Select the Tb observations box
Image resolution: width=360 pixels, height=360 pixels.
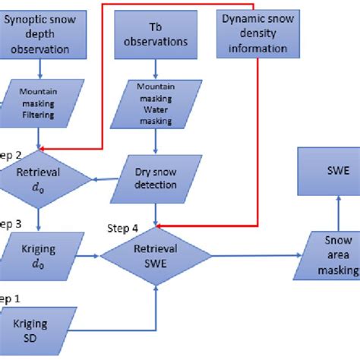click(156, 35)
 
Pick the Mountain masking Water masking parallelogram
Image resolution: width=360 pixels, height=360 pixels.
click(156, 104)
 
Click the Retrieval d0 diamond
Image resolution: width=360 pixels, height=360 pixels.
click(38, 180)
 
